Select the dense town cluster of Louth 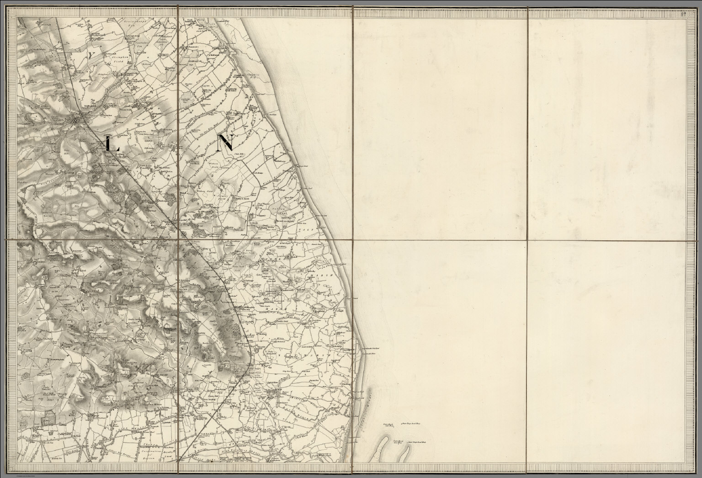coord(75,120)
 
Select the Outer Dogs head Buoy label coord(411,424)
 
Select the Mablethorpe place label coord(282,161)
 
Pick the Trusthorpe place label coord(289,172)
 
